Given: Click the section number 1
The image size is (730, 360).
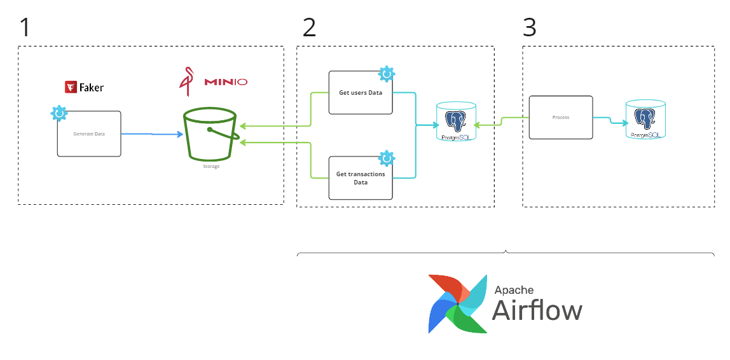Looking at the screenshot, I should (x=25, y=27).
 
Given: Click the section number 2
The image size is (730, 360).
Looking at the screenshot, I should (x=309, y=27).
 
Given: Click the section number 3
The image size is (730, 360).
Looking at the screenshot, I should (x=529, y=27).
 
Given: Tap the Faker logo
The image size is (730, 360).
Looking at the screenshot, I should (x=84, y=87).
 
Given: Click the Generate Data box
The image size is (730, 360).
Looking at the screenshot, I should (x=89, y=134).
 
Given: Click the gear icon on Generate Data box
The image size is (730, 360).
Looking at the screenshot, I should (x=59, y=113).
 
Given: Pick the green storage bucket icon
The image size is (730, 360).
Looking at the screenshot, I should (x=210, y=135).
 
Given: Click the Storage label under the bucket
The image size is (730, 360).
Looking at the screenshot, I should (x=211, y=167).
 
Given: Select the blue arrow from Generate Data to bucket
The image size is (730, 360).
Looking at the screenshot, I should (x=151, y=134).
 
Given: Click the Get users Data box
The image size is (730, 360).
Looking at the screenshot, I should (x=360, y=93).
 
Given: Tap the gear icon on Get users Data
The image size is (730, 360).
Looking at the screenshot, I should (x=386, y=74).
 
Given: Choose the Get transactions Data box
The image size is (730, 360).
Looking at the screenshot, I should (x=360, y=177).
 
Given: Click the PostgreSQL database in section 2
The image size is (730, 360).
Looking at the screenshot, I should (x=455, y=121).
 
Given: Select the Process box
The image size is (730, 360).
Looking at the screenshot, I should (x=560, y=118).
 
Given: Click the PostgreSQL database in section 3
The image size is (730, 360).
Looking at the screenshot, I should (x=645, y=119).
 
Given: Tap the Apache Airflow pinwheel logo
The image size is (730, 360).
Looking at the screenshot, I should (x=458, y=303).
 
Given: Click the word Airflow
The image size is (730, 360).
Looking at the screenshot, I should (x=537, y=311).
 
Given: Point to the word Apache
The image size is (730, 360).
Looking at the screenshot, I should (x=514, y=289).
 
